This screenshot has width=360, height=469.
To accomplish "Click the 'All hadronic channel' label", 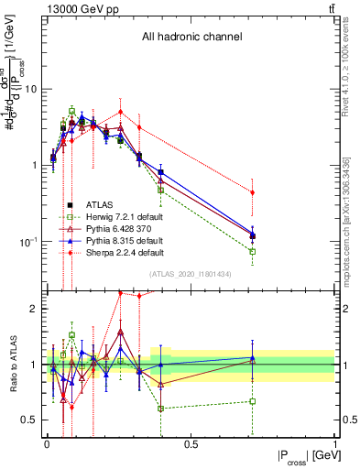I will point(191,38).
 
